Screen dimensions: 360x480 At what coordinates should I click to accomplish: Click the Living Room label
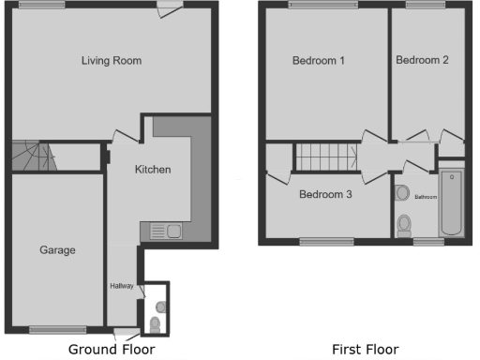pos(111,61)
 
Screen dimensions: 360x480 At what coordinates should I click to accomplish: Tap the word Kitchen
pos(153,170)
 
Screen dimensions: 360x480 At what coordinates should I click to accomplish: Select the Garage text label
pos(57,250)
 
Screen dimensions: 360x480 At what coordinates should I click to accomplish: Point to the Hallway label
pos(122,286)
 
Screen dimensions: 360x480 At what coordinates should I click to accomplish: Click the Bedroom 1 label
pos(319,62)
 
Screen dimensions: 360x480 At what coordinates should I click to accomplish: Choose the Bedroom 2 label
pos(422,60)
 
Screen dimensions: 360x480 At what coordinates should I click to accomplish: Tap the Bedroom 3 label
pos(326,195)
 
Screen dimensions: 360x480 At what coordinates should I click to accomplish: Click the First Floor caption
pos(365,350)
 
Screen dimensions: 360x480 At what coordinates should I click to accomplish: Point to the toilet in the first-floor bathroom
pos(404,225)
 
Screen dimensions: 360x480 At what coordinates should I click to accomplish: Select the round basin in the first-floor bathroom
pos(402,193)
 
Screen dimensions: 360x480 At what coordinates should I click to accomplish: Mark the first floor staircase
pos(326,157)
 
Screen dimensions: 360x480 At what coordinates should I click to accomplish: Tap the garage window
pos(57,328)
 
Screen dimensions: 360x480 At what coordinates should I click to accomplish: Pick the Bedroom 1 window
pos(311,5)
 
